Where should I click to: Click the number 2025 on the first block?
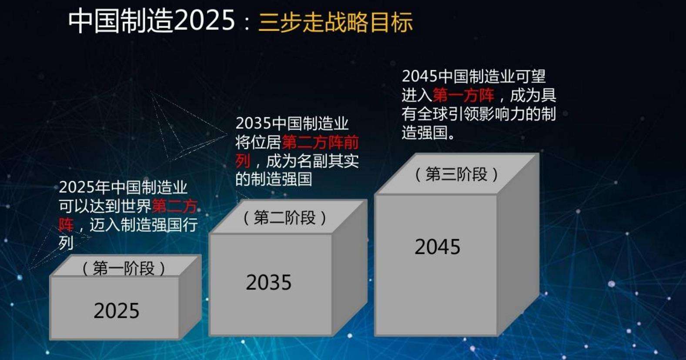117,311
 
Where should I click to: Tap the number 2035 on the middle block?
268,283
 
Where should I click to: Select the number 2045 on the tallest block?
437,247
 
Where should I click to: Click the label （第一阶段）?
124,268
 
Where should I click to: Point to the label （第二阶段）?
284,217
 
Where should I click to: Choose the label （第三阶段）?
456,174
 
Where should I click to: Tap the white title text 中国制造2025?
152,20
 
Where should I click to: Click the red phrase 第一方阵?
463,95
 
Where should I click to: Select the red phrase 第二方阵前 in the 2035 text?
320,143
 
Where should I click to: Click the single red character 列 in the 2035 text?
243,161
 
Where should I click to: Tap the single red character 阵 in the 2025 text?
66,225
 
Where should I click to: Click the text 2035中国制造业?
292,123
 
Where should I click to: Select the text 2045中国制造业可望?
473,77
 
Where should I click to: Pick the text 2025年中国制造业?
123,187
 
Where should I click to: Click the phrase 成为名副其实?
312,161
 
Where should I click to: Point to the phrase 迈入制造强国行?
144,225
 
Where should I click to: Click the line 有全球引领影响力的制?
479,114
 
